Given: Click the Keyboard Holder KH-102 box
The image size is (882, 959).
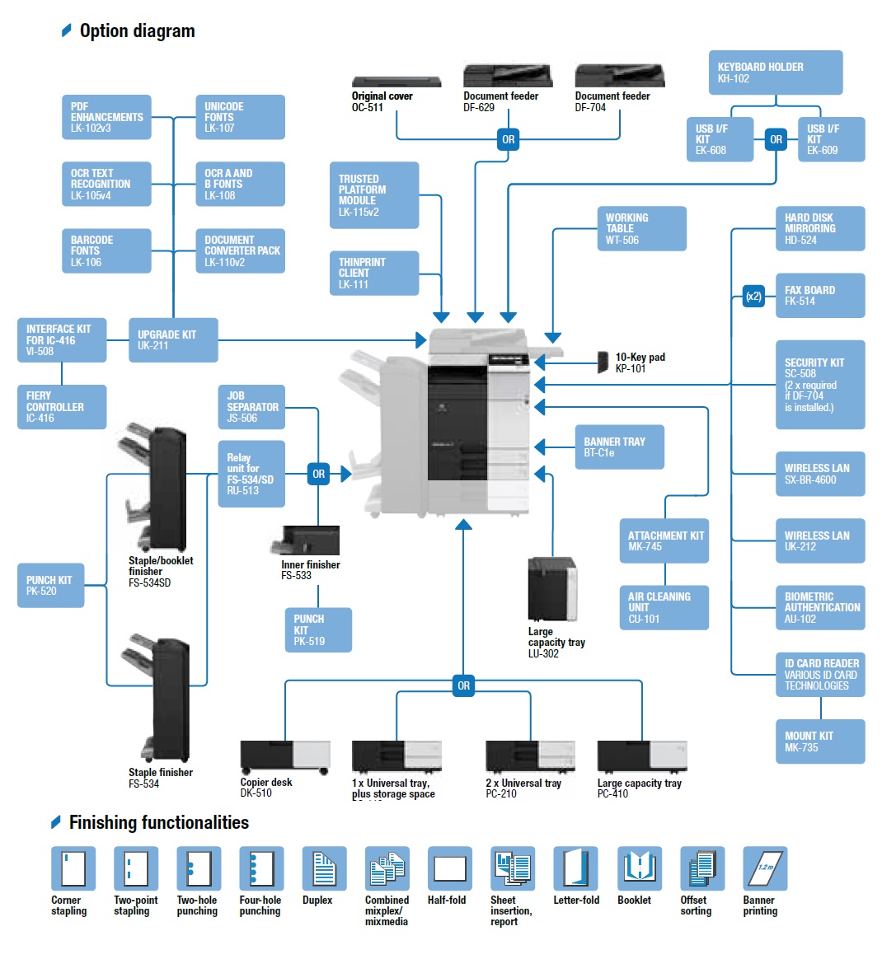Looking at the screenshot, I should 775,73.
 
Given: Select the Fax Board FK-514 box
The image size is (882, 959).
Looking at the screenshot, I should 819,296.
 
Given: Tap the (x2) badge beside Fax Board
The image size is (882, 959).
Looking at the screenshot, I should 753,297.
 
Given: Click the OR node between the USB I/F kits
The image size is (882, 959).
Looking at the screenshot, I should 776,140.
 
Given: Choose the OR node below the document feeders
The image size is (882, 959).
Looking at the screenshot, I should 509,140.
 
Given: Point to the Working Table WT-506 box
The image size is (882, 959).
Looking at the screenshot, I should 641,229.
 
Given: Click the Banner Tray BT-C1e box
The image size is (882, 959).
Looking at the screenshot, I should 618,447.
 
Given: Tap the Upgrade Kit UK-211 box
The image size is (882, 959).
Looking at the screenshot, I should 173,340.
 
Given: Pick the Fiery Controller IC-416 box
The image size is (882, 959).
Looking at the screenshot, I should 62,407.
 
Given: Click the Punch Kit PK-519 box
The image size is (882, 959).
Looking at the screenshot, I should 318,630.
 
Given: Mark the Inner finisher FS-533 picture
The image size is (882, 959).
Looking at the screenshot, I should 305,540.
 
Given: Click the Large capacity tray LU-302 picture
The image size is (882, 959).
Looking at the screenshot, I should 552,590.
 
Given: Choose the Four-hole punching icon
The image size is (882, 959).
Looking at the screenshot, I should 261,868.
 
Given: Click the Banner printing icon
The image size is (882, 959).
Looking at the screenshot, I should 764,868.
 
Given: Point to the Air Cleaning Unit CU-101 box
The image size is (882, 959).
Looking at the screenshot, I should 664,607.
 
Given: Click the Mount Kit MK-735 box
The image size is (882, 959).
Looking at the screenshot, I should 819,741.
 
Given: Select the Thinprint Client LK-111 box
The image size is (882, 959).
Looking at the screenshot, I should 373,274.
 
